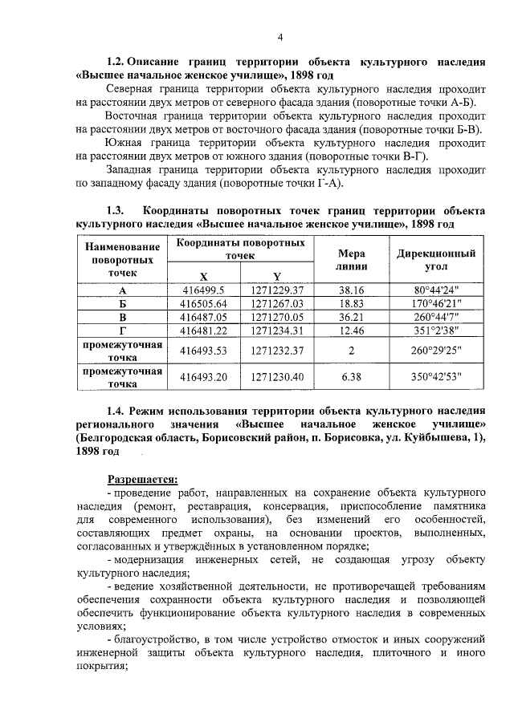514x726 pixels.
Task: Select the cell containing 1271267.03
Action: click(276, 303)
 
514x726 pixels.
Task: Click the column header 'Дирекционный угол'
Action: click(437, 259)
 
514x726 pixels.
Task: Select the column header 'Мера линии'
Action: click(352, 259)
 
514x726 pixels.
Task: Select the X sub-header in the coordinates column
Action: click(203, 275)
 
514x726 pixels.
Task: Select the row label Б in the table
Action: click(123, 303)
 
